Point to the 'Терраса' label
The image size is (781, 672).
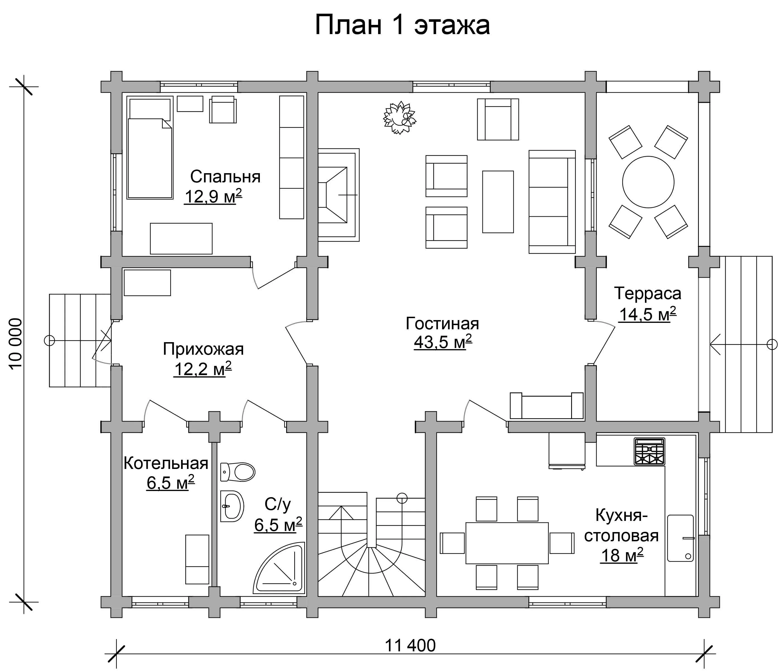[x=647, y=294]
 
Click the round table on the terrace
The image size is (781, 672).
[x=648, y=182]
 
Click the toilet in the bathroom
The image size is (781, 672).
[x=238, y=472]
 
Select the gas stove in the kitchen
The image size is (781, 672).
[x=649, y=451]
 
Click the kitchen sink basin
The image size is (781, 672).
[x=680, y=538]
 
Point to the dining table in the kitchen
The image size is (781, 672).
[x=507, y=543]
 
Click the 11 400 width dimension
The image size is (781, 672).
[x=410, y=645]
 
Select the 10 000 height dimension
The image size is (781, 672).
[x=16, y=344]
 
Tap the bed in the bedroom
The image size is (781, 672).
[x=150, y=148]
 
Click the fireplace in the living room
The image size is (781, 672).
[x=338, y=195]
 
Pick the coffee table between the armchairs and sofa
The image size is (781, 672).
[x=498, y=202]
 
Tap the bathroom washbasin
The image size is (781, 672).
[x=232, y=506]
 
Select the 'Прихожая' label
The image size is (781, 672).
[x=203, y=349]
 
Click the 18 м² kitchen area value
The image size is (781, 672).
[x=622, y=556]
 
